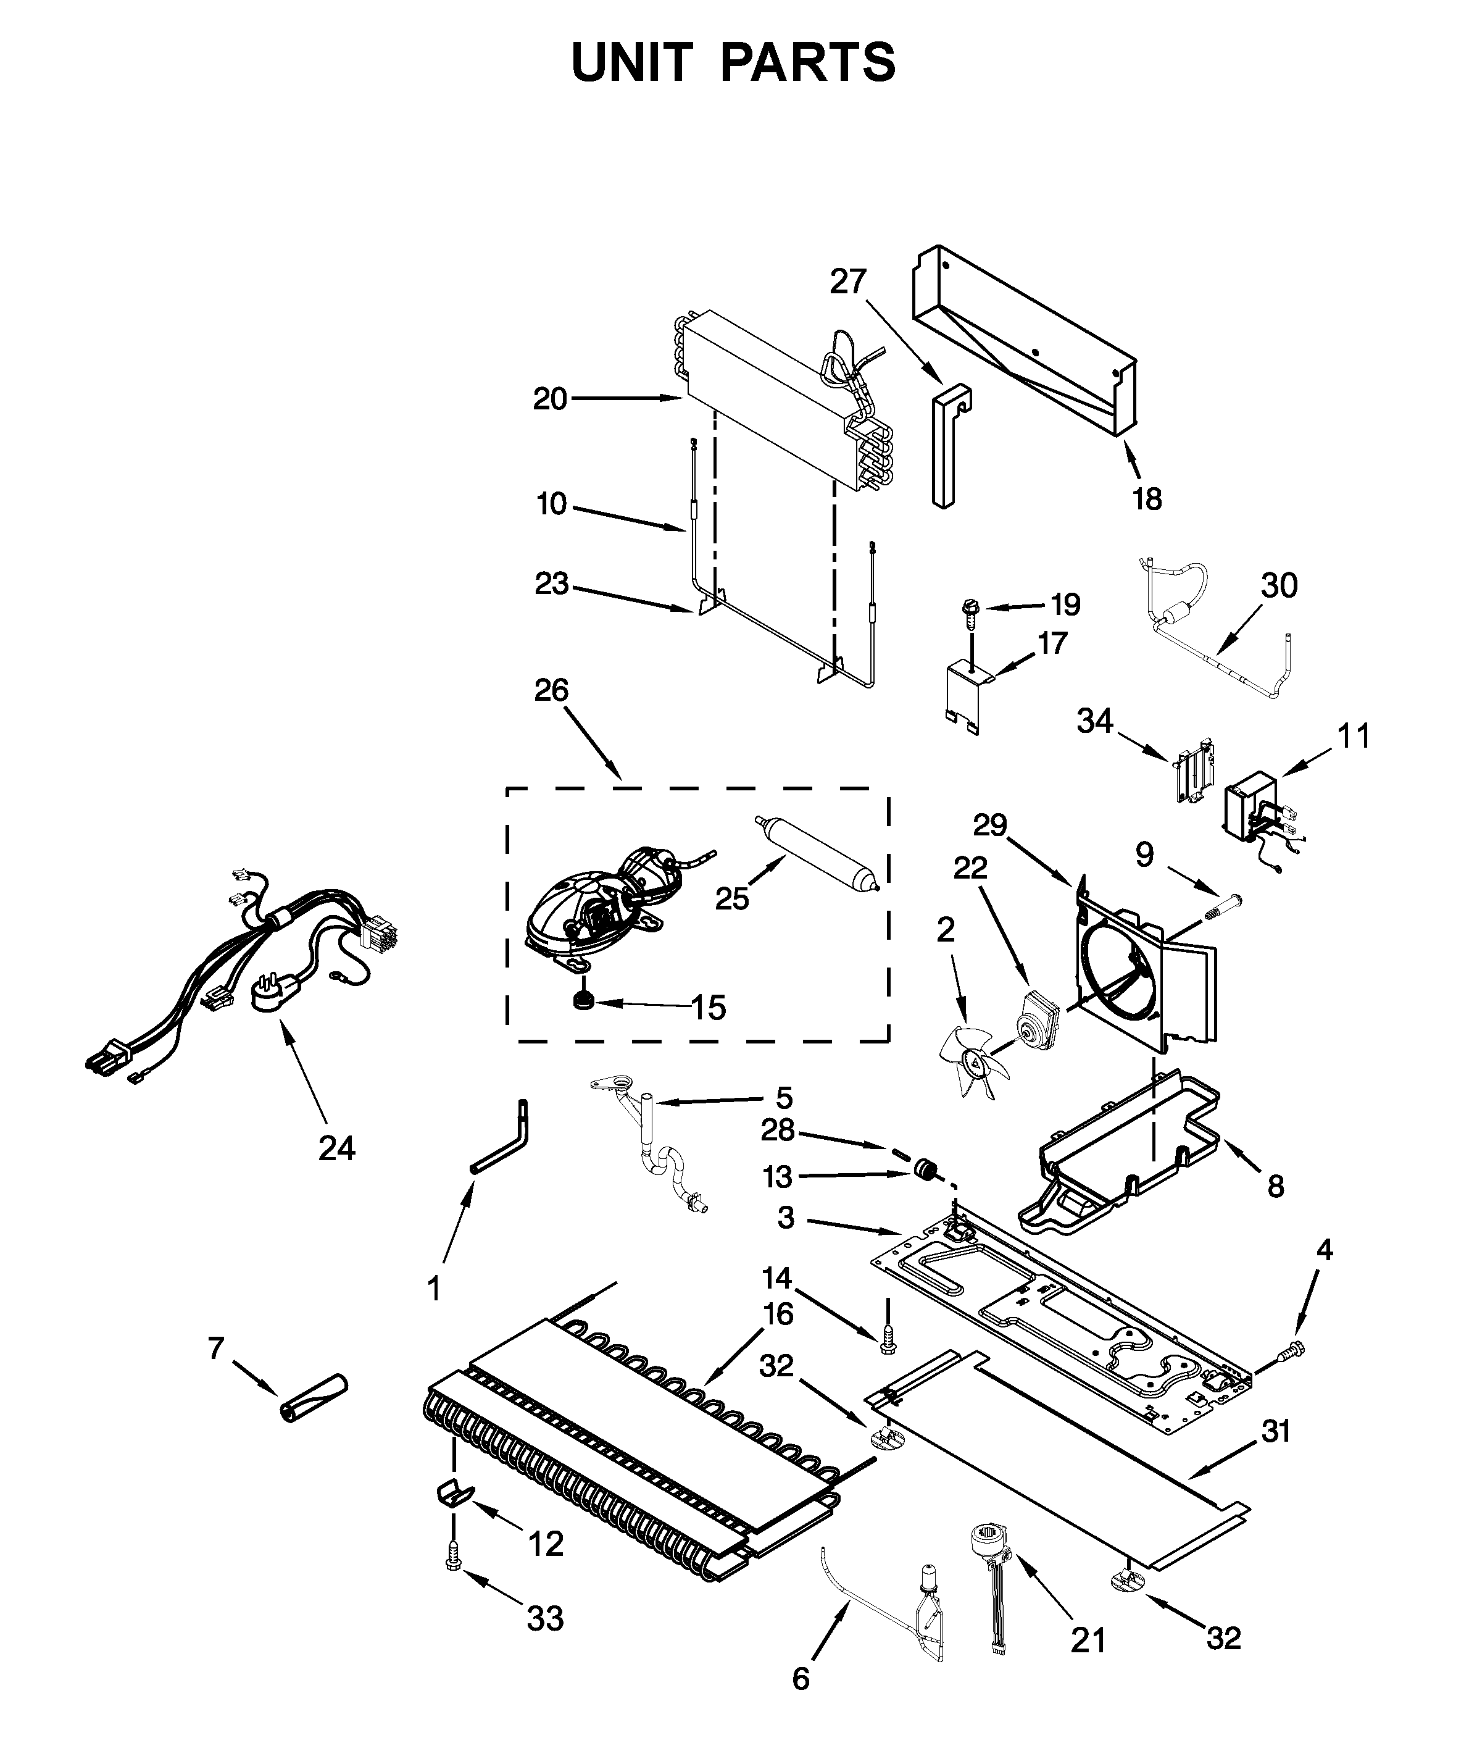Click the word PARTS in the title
[x=808, y=63]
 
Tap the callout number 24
[x=336, y=1148]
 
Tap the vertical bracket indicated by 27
[x=946, y=444]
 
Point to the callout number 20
[x=550, y=399]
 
